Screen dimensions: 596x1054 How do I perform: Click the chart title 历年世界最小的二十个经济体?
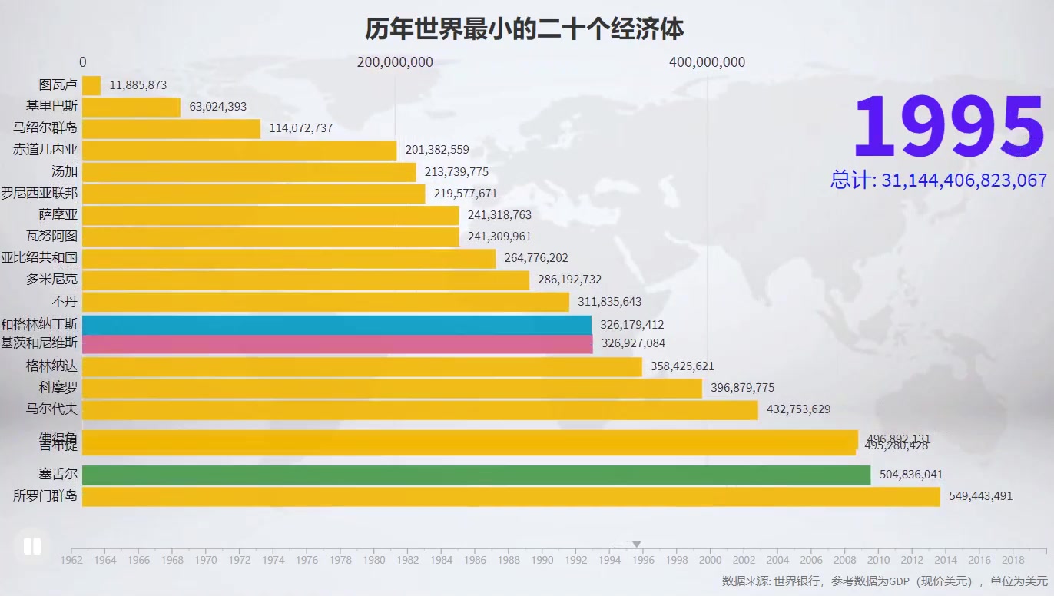(524, 30)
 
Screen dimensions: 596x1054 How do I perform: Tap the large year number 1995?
(948, 128)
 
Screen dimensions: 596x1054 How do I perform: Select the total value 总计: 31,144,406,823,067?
(938, 180)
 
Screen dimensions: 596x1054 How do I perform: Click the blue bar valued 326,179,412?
(336, 325)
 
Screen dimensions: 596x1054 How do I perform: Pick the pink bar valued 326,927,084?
(336, 343)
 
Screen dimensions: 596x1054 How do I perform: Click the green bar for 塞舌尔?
(476, 475)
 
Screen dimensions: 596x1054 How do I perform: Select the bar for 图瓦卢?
(91, 85)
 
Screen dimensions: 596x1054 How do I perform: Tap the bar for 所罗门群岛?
(511, 496)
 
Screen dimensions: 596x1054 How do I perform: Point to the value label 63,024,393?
(217, 107)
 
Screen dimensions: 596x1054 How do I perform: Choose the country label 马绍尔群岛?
(45, 128)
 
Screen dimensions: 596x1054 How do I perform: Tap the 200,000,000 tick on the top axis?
(395, 62)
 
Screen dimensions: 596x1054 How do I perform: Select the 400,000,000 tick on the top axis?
(707, 62)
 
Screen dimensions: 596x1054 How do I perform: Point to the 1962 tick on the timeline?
(71, 560)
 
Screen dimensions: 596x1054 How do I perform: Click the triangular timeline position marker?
(636, 545)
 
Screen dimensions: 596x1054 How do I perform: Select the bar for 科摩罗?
(392, 388)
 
